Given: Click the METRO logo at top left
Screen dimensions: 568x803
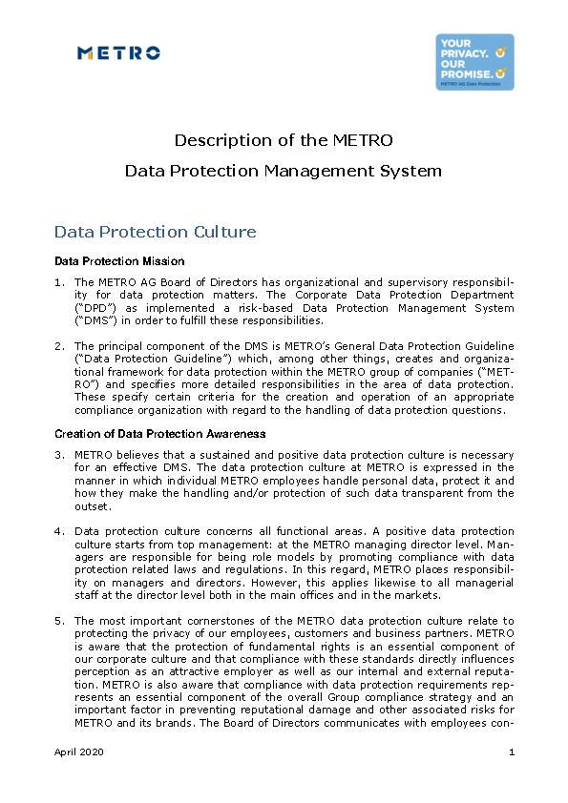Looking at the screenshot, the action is click(118, 53).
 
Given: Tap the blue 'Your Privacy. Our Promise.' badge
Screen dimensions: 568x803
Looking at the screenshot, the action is click(474, 62).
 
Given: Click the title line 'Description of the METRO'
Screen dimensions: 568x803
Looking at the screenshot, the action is click(284, 140).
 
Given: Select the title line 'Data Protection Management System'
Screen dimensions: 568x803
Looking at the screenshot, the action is click(284, 172).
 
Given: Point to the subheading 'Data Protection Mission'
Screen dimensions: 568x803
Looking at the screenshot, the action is click(119, 260).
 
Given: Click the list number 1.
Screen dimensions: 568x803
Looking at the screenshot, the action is click(59, 282).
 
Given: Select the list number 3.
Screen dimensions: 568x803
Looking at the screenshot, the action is click(59, 455).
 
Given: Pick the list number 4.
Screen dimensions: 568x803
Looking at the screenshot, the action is click(59, 530).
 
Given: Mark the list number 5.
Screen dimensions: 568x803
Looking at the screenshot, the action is click(59, 620).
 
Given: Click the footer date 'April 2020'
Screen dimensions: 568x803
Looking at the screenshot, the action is click(79, 752).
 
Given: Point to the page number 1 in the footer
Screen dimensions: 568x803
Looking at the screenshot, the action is click(512, 752).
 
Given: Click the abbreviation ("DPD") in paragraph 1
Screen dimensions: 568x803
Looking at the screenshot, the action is click(93, 308).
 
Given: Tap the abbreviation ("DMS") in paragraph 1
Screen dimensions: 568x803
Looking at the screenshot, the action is click(93, 320).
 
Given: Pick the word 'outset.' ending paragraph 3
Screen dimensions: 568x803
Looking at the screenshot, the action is click(94, 506).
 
